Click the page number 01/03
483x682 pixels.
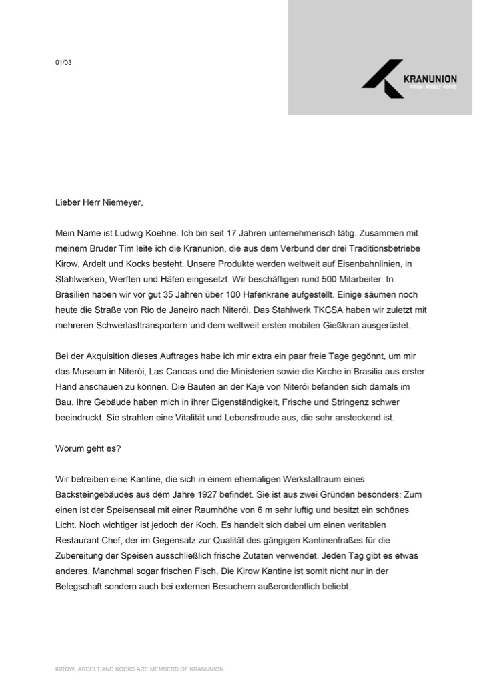63,63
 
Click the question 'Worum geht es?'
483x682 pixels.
87,448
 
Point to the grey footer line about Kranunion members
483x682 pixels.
140,668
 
